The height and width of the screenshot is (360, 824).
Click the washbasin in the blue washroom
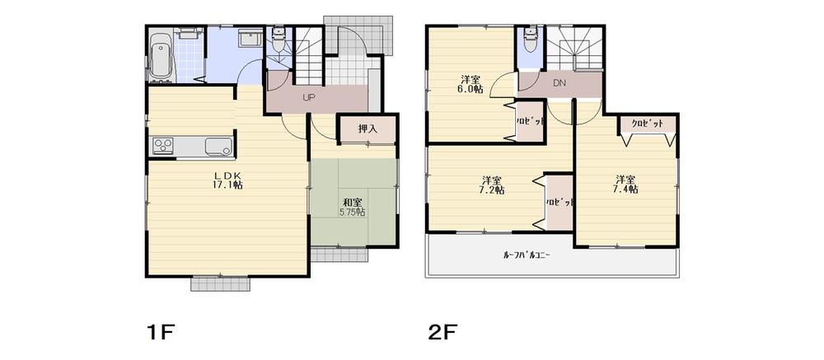pyautogui.click(x=246, y=42)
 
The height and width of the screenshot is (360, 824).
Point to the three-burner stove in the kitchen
pyautogui.click(x=162, y=147)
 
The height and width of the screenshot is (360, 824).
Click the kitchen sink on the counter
pyautogui.click(x=217, y=147)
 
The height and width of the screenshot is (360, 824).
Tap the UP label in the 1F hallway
pyautogui.click(x=309, y=97)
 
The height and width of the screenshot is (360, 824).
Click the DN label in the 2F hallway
pyautogui.click(x=559, y=83)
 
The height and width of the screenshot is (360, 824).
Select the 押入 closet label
pyautogui.click(x=368, y=129)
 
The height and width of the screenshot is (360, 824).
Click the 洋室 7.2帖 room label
pyautogui.click(x=493, y=185)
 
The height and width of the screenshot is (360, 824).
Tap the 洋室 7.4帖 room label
pyautogui.click(x=625, y=184)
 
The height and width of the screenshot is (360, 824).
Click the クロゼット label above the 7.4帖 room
pyautogui.click(x=648, y=124)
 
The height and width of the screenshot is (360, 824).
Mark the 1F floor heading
pyautogui.click(x=162, y=333)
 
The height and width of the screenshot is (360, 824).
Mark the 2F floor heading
pyautogui.click(x=442, y=333)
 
